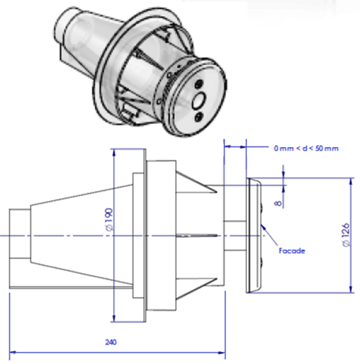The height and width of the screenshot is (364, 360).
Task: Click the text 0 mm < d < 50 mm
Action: pos(305,148)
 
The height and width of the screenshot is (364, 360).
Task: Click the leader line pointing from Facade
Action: pos(274,238)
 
